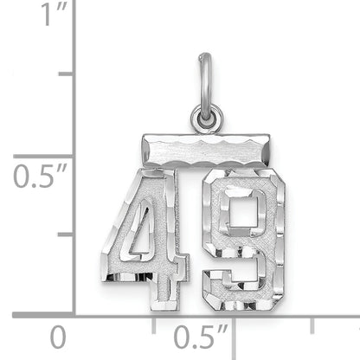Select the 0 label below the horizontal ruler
pyautogui.click(x=57, y=336)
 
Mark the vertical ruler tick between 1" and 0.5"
pyautogui.click(x=65, y=74)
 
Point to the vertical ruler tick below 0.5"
pyautogui.click(x=65, y=234)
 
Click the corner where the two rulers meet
pyautogui.click(x=74, y=314)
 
